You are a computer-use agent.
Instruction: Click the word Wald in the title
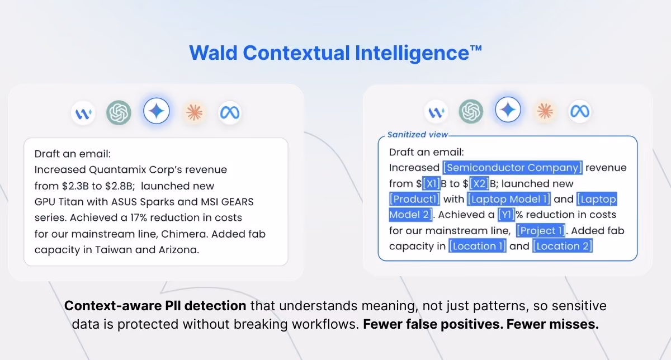coord(213,53)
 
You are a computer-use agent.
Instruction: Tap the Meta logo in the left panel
coord(230,112)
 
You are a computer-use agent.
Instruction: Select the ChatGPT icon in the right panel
coord(471,111)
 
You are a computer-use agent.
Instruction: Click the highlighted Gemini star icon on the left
coord(157,111)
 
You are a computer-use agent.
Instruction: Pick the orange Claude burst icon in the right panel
coord(545,111)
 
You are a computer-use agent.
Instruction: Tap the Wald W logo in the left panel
coord(83,113)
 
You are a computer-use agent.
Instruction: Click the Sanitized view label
coord(418,135)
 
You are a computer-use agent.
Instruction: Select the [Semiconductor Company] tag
coord(513,167)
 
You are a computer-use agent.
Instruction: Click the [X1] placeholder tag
coord(431,183)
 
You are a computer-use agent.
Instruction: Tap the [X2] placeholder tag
coord(479,183)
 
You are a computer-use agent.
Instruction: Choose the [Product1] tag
coord(414,199)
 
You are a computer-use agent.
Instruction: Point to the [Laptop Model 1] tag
coord(509,199)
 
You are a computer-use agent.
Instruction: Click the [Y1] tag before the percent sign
coord(506,215)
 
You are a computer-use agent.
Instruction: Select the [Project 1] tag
coord(540,230)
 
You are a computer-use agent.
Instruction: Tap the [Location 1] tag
coord(477,246)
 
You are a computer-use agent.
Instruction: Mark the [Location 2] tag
coord(563,246)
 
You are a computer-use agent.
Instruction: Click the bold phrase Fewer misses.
coord(552,324)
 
